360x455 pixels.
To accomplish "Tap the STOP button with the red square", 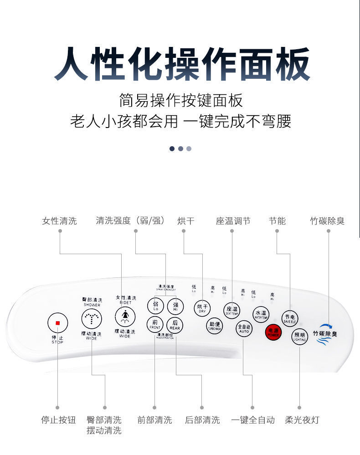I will tap(57, 323).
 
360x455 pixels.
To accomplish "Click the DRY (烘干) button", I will tap(202, 308).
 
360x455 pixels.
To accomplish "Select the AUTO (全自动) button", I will tap(244, 328).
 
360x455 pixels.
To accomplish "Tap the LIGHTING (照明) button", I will tap(299, 337).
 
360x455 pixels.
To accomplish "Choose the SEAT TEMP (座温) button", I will tap(231, 310).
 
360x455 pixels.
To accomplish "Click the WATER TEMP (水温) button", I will tap(261, 314).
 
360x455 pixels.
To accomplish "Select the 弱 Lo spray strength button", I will tap(155, 306).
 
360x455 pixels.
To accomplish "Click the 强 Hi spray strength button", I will tap(175, 306).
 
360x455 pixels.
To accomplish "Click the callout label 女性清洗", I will tap(59, 221).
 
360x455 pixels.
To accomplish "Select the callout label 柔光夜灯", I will tap(302, 419).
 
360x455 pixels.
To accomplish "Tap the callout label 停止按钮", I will tap(58, 419).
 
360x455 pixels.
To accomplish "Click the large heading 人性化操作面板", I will tap(180, 63).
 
